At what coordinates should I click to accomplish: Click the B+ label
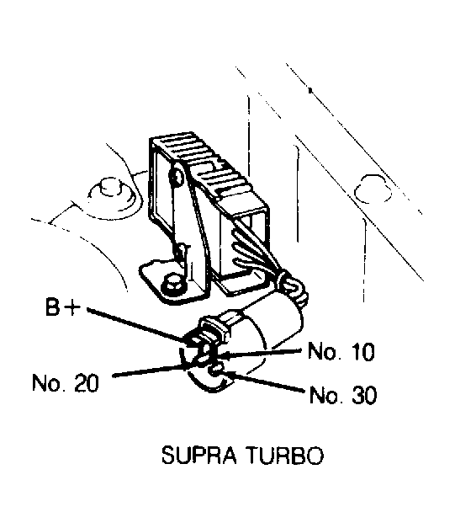pos(63,307)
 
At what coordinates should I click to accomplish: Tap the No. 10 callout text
pos(341,351)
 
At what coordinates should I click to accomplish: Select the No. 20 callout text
pos(66,383)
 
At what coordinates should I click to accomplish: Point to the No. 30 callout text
pos(343,395)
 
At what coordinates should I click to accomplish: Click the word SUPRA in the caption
pos(199,456)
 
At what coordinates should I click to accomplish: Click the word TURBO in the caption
pos(285,456)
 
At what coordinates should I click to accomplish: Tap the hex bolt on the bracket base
pos(172,285)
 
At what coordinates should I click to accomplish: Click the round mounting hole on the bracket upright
pos(177,176)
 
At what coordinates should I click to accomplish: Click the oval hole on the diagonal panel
pos(373,189)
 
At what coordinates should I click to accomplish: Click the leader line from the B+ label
pos(138,325)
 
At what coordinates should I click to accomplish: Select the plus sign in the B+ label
pos(73,308)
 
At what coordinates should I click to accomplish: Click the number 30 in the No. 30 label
pos(364,395)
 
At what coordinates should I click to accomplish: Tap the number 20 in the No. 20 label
pos(87,383)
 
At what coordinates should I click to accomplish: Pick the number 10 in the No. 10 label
pos(362,351)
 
